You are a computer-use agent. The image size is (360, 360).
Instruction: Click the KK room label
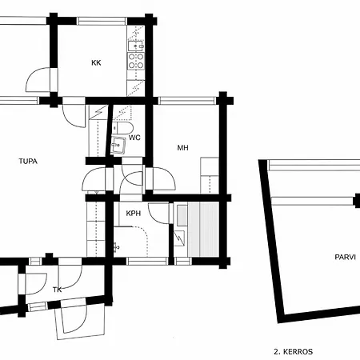(96, 62)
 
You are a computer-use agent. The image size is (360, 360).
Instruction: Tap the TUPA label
(28, 161)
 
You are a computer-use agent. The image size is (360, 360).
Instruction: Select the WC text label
(134, 138)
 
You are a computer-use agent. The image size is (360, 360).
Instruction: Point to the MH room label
(182, 148)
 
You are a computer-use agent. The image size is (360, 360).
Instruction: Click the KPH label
(134, 214)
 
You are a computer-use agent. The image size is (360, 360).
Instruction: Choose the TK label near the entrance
(57, 290)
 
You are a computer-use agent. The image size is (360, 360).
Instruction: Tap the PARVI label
(345, 257)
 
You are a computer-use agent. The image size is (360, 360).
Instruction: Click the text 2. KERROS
(292, 351)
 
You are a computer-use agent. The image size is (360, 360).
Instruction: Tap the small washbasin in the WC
(118, 145)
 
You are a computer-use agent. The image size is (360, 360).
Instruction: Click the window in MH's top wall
(188, 101)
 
